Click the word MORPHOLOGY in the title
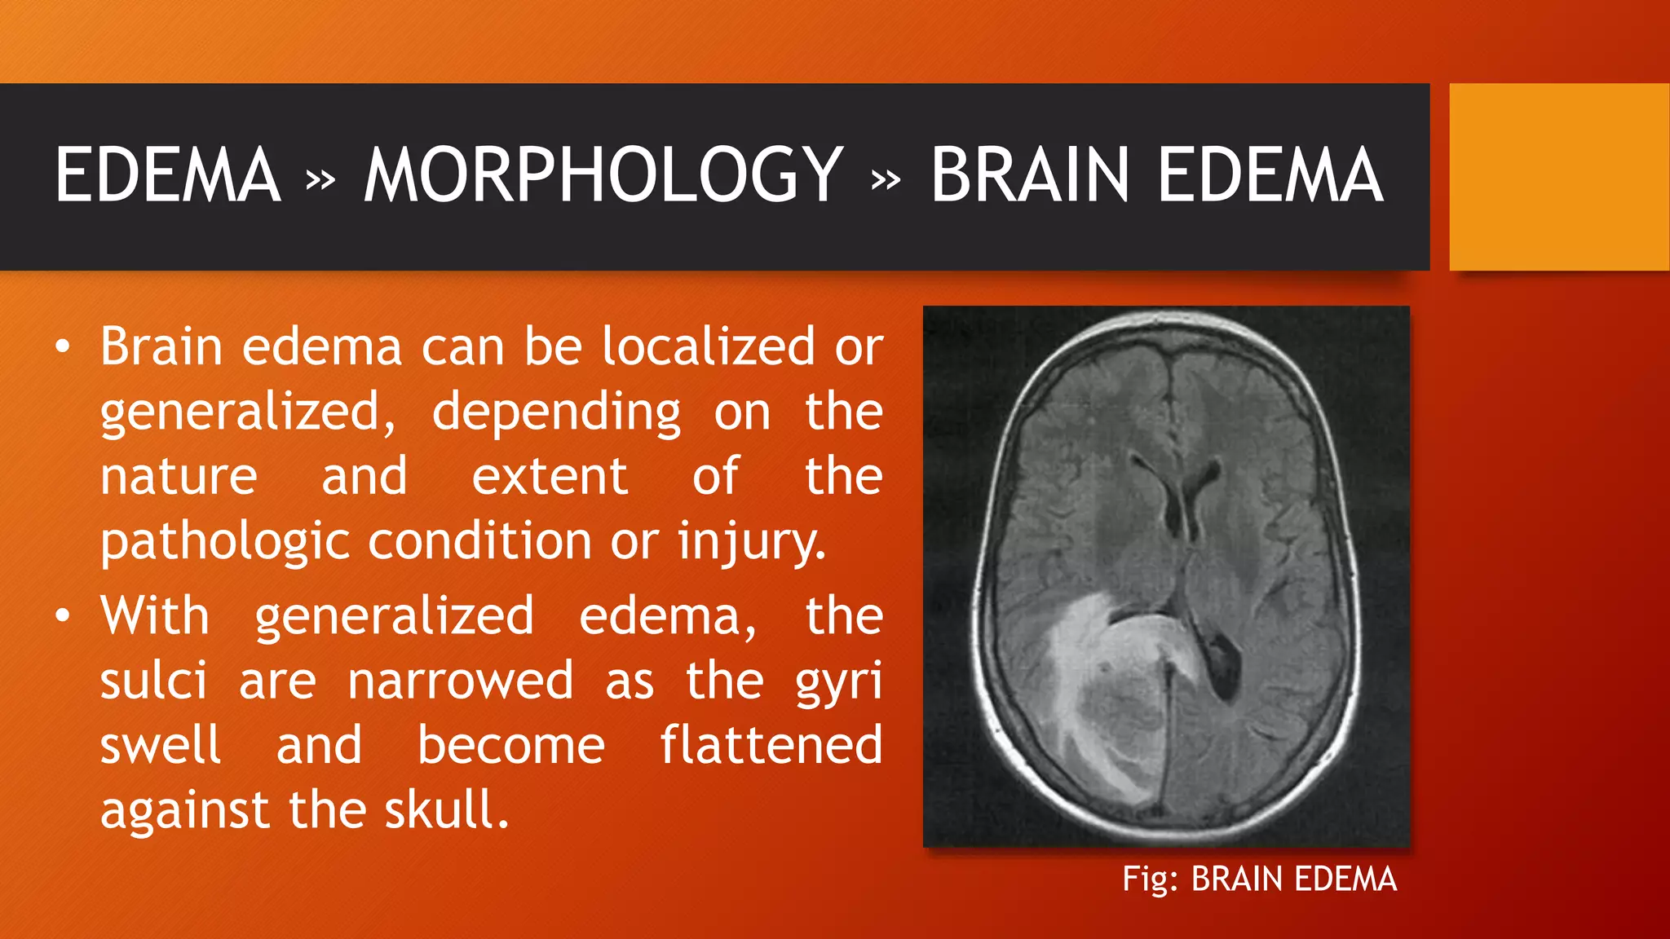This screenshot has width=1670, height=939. pos(603,175)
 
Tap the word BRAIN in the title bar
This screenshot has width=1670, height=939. pos(1029,175)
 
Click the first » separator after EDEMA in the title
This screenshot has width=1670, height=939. pos(320,179)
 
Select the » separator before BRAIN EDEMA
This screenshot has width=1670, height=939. pos(886,179)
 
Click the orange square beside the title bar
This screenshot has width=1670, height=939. pos(1559,177)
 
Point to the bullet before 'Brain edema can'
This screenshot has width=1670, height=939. pos(63,348)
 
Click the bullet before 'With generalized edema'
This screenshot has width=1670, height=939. pos(63,617)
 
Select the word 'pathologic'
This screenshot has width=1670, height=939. pos(225,542)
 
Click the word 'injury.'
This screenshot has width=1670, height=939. pos(752,542)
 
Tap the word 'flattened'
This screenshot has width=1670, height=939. pos(771,746)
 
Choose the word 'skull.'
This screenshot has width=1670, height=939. pos(447,810)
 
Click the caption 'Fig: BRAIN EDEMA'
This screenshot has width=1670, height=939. pos(1259,879)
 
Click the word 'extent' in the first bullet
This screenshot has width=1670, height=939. pos(550,477)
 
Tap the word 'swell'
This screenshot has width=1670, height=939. pos(160,746)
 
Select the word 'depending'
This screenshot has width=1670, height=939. pos(556,412)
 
